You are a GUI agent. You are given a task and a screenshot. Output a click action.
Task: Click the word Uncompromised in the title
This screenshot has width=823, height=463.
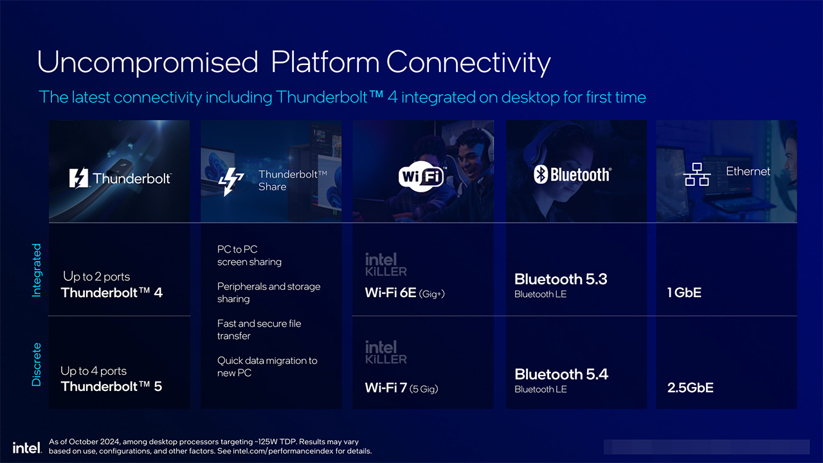point(147,62)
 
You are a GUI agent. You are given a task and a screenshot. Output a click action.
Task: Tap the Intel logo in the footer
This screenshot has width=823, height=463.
point(27,448)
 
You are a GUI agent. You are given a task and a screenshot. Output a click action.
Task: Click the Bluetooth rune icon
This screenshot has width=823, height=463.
point(541,174)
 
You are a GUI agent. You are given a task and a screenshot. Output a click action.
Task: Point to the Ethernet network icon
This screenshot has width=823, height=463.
point(696,174)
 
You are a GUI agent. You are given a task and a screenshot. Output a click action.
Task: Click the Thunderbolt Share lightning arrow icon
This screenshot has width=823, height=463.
point(231,181)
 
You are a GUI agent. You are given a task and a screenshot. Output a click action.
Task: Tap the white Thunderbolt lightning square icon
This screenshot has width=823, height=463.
point(78,178)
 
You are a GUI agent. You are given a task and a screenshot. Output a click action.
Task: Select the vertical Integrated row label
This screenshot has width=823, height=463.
point(37,270)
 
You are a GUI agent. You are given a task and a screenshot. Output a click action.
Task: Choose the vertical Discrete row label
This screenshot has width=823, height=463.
point(37,365)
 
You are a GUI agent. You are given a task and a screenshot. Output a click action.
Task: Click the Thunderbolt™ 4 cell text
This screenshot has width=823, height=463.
point(112,293)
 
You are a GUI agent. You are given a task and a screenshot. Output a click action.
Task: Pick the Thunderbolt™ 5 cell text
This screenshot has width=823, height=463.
point(111,386)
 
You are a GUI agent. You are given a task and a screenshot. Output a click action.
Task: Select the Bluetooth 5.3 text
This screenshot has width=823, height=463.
point(561,279)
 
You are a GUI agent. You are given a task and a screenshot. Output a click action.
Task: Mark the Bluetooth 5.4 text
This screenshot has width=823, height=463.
point(561,374)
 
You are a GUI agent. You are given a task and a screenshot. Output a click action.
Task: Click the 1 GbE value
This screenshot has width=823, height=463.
point(684,293)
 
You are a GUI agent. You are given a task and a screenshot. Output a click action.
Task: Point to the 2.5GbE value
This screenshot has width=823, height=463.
point(691,388)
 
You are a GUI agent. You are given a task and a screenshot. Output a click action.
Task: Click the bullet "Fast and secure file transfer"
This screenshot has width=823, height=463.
point(259,330)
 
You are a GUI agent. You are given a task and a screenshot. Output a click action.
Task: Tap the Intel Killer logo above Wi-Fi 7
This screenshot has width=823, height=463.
point(386,352)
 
